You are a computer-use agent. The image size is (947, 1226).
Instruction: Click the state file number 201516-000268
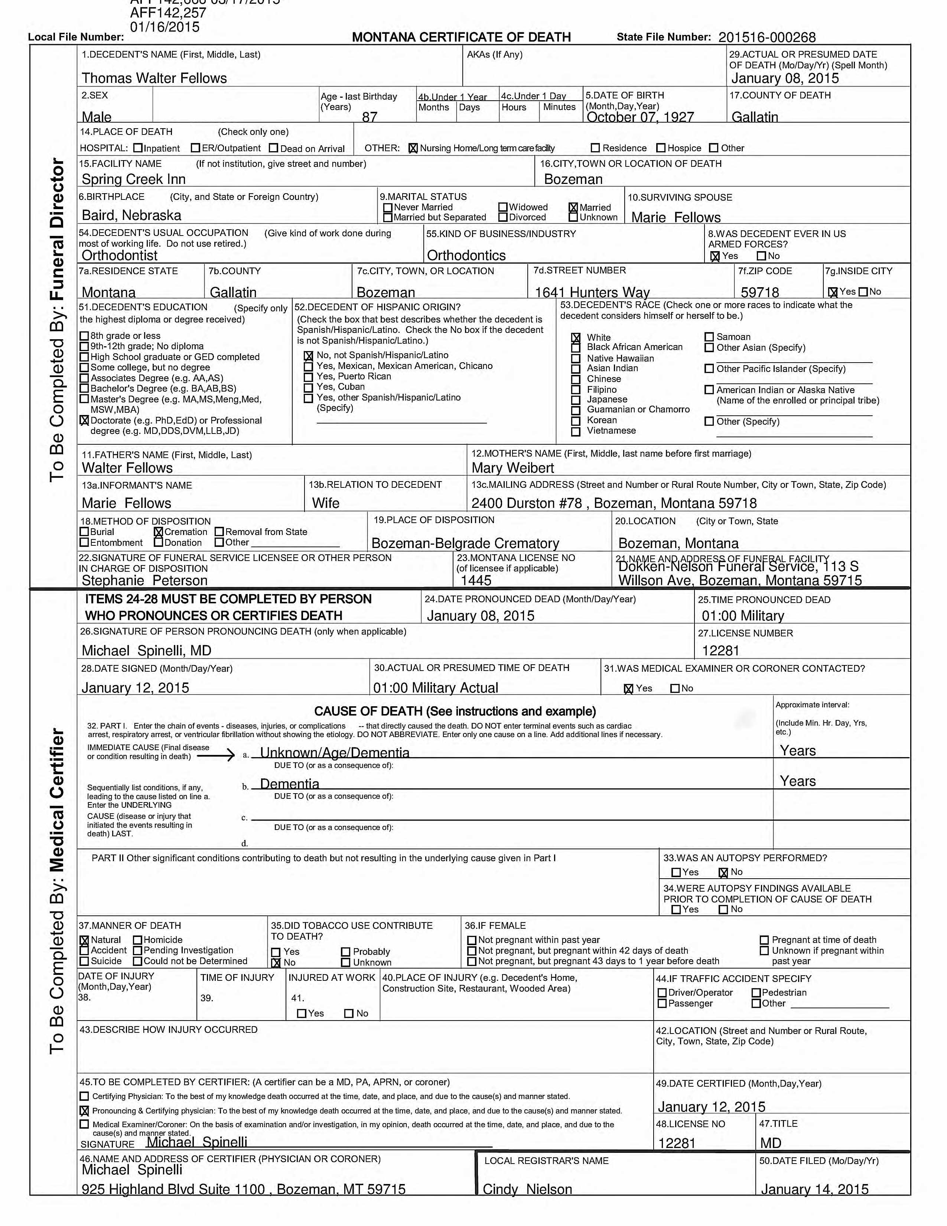pos(767,38)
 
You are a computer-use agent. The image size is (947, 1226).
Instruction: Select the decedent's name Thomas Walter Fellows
pos(154,78)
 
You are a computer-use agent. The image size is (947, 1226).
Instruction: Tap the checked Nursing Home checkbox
pos(413,148)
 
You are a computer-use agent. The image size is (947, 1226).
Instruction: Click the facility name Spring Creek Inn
pos(134,179)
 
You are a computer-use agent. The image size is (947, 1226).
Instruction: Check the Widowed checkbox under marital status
pos(503,207)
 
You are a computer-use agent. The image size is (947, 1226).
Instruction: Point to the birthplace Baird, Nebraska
pos(131,215)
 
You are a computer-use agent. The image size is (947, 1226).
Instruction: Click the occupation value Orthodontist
pos(120,256)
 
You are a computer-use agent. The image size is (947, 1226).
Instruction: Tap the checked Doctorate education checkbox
pos(84,421)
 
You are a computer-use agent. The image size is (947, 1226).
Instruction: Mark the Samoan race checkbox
pos(709,337)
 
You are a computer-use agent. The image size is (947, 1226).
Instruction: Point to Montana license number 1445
pos(476,580)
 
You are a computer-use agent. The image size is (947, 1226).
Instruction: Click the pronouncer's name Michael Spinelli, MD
pos(146,651)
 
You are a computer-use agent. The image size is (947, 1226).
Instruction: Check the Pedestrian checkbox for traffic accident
pos(756,992)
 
